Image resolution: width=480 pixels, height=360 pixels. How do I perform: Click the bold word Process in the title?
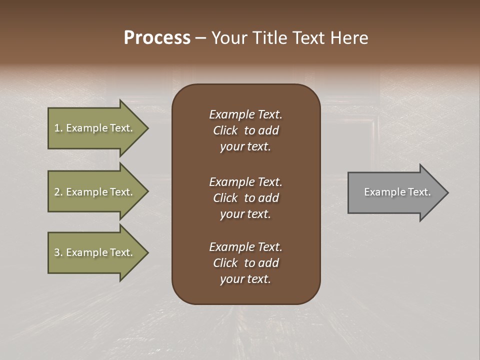point(157,38)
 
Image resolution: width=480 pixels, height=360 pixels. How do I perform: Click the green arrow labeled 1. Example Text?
point(95,128)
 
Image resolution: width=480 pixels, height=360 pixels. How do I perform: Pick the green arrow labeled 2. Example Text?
point(95,192)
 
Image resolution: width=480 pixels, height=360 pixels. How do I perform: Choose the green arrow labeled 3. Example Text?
point(95,252)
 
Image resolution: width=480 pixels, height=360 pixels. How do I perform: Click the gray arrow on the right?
point(395,192)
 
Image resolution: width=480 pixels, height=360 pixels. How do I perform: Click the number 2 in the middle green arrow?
point(57,192)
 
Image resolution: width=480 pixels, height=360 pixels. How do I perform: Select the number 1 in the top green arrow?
point(57,128)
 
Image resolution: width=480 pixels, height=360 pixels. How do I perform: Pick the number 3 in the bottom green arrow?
point(57,252)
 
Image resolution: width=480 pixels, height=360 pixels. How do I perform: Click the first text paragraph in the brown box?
point(245,130)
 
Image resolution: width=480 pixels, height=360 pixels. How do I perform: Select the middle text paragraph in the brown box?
point(245,197)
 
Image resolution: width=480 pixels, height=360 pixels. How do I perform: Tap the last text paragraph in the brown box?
point(245,263)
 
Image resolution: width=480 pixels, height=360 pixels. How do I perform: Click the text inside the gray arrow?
point(397,192)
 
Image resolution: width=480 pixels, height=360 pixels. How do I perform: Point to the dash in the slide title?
point(200,38)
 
